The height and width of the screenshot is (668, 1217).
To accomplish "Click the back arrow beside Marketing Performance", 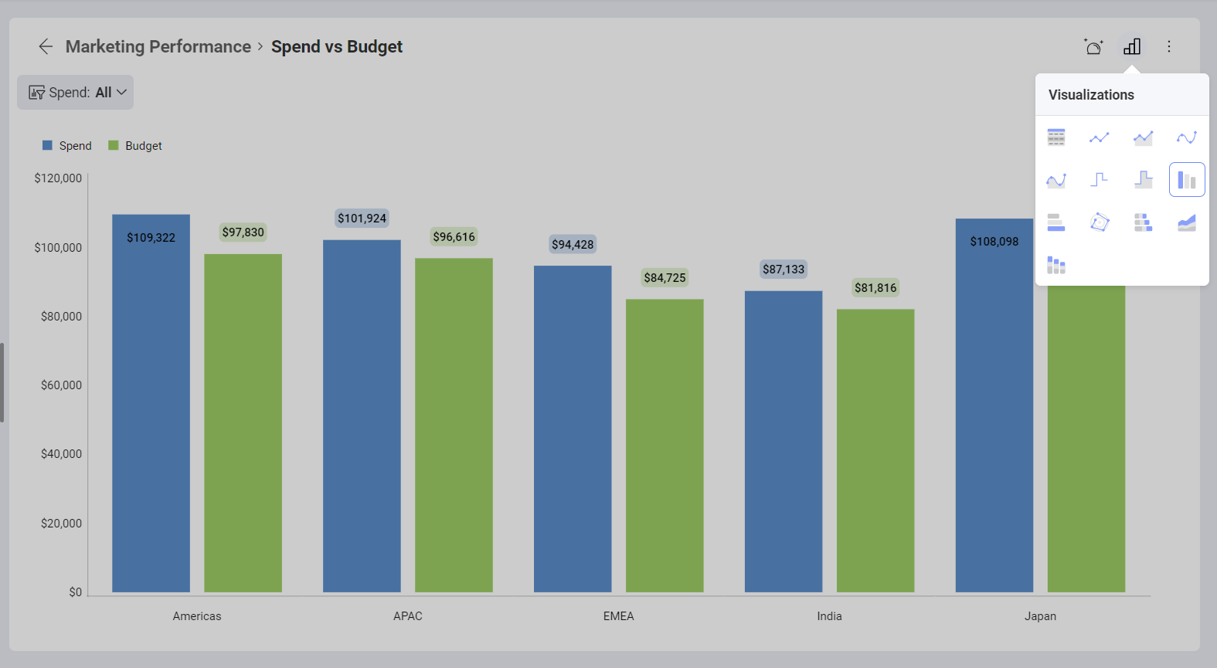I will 46,46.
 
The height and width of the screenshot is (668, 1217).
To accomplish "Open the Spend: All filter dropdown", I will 76,93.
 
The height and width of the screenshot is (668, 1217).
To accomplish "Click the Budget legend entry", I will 136,146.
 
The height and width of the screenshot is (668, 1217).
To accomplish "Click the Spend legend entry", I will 67,146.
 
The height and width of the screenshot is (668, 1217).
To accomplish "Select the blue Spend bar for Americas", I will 151,417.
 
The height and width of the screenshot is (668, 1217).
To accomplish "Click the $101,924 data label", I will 362,219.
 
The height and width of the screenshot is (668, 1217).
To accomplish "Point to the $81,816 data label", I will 875,288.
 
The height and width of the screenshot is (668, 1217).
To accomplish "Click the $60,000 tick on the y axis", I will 61,385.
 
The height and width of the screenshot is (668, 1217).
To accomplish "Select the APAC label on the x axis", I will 408,616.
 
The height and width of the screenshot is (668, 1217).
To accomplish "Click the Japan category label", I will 1040,616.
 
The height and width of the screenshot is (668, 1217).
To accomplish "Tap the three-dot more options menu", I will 1169,46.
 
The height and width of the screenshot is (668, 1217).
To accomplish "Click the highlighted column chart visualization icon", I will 1187,180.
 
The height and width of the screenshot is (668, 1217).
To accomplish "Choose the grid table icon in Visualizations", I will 1056,137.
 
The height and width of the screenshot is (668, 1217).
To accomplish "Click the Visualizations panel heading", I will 1091,95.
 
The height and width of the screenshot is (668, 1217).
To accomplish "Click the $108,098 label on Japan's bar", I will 994,242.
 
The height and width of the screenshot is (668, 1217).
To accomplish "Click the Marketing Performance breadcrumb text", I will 158,46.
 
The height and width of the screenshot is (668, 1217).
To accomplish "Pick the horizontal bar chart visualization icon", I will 1056,223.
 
